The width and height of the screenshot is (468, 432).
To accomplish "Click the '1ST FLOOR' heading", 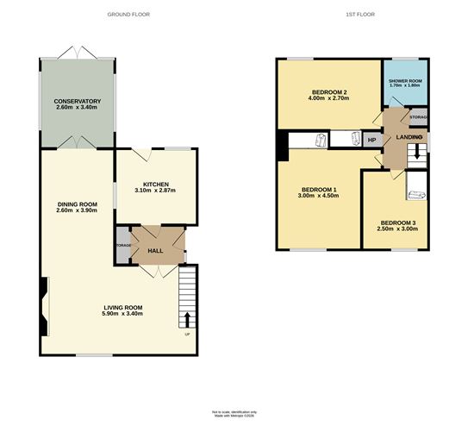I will pos(353,15).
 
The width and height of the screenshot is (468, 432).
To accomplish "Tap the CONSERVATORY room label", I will pos(78,102).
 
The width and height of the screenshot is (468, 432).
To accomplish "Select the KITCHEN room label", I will pos(155,185).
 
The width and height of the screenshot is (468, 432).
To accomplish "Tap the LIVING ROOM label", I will pos(123,307).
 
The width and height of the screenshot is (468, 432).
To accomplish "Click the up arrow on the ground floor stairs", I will pos(187,322).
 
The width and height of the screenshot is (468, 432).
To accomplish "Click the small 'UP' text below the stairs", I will pos(186,335).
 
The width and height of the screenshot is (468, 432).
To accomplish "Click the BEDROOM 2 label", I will pos(329,92).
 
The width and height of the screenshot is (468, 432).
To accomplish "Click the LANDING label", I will pos(409,138).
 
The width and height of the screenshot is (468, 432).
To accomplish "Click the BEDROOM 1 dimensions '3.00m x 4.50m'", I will pos(318,196).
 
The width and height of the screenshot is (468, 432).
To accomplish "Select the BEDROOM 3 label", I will pos(398,223).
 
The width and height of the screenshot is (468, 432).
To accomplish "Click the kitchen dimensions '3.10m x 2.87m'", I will pos(155,191).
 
